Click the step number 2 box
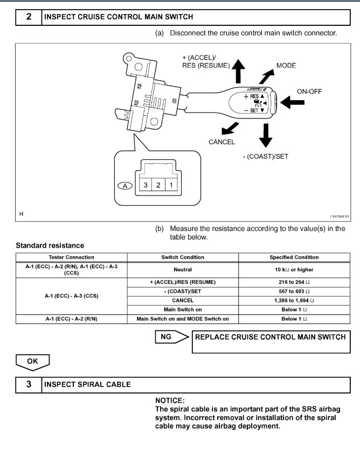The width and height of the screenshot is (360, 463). point(29,17)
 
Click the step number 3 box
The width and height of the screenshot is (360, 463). point(29,384)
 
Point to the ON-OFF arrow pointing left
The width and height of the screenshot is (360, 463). point(292,102)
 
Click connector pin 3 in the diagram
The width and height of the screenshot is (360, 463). point(144,185)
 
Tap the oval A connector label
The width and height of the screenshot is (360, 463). point(126,186)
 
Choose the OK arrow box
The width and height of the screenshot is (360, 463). point(32,362)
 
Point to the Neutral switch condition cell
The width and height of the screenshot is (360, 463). point(183,269)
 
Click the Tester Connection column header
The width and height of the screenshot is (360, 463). point(71,257)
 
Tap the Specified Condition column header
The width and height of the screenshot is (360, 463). point(294,257)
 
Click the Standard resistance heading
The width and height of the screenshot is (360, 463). point(50,245)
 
